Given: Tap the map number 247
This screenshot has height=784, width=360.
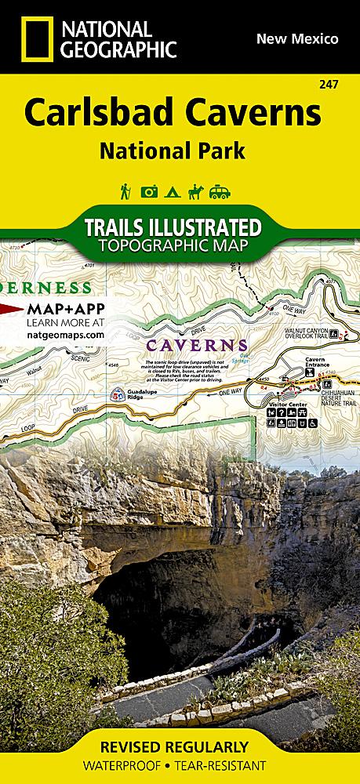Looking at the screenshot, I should click(341, 85).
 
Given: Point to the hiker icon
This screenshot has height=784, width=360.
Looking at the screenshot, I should click(125, 191).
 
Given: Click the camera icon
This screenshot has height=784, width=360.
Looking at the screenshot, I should click(148, 191).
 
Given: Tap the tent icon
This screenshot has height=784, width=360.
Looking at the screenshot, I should click(170, 191).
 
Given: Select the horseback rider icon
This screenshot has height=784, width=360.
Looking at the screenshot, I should click(193, 191).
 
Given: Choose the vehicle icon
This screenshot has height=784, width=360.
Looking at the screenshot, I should click(219, 191).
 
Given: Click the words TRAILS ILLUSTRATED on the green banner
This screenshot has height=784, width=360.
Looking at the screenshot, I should click(172, 228).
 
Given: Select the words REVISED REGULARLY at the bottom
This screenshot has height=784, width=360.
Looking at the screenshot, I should click(180, 746).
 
